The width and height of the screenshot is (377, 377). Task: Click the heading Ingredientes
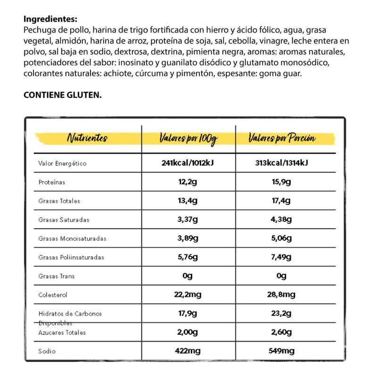pyautogui.click(x=49, y=19)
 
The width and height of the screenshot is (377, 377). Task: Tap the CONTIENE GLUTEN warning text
pyautogui.click(x=62, y=95)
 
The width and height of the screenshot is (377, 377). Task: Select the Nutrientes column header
pyautogui.click(x=87, y=139)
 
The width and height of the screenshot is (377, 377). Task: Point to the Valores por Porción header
pyautogui.click(x=282, y=139)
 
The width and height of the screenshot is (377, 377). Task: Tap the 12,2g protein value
pyautogui.click(x=188, y=182)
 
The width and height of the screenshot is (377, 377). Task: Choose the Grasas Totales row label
pyautogui.click(x=59, y=201)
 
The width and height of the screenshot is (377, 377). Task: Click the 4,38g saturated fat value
pyautogui.click(x=281, y=220)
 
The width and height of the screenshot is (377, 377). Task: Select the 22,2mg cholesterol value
pyautogui.click(x=188, y=295)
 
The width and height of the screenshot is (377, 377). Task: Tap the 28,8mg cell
pyautogui.click(x=281, y=295)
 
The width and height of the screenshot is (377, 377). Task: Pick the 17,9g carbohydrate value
pyautogui.click(x=188, y=313)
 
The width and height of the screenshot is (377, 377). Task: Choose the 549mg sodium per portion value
pyautogui.click(x=281, y=351)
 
